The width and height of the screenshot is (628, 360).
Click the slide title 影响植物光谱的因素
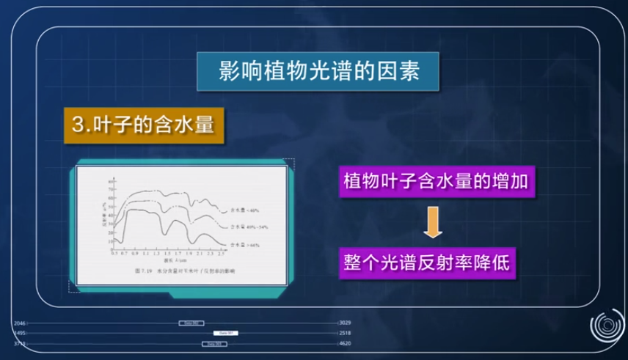tap(318, 72)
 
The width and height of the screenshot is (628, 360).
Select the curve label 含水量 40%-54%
tap(245, 226)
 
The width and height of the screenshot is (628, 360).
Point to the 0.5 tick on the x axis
tap(114, 252)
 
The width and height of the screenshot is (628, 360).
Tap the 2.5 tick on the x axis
tap(222, 252)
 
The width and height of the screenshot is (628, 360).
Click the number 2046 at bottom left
tap(20, 323)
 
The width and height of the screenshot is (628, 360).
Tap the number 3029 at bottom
tap(346, 323)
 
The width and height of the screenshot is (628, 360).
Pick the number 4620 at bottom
tap(346, 343)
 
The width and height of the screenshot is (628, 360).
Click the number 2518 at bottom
tap(346, 333)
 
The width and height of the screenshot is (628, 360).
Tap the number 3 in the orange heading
tap(77, 124)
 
